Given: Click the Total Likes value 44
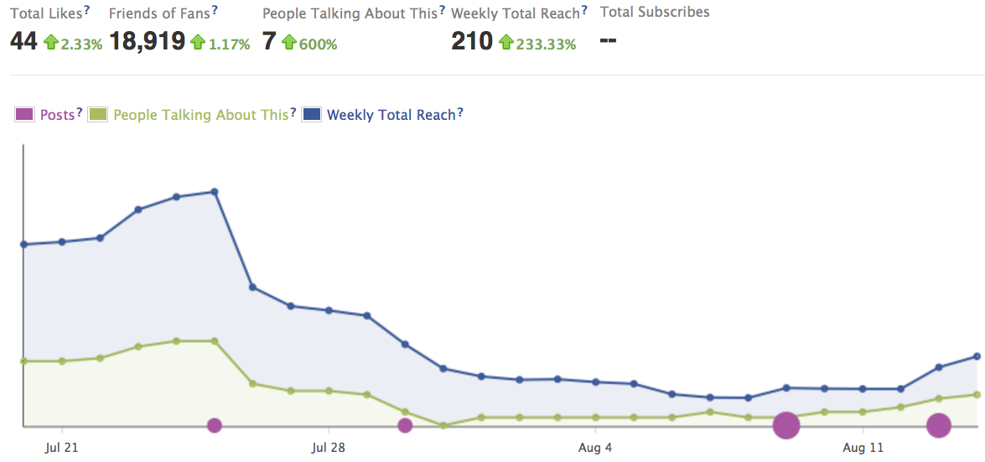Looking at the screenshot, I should pos(23,40).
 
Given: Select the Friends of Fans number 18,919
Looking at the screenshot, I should pos(147,40).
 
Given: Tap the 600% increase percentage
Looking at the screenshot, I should pos(318,44).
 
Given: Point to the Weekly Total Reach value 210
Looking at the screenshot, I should pos(472,40).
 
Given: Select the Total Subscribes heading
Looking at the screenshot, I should pos(655,13).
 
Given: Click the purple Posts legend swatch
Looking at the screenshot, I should pos(24,115).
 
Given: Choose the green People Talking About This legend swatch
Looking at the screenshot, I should pos(98,115).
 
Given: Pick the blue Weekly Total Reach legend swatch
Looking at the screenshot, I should pos(311,115).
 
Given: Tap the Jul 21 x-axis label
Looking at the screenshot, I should pos(62,449).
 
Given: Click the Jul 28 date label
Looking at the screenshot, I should pos(328,449).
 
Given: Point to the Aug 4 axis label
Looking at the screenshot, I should pos(595,449).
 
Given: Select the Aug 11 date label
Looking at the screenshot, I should pos(863,449).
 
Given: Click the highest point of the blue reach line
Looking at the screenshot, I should pos(215,191).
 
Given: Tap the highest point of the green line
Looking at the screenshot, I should pos(215,341).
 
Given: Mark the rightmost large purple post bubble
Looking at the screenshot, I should pos(939,425).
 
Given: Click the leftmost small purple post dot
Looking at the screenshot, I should pos(215,425).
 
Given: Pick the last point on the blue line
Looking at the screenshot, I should pos(977,356).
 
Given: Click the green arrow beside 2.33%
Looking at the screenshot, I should pos(51,43).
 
